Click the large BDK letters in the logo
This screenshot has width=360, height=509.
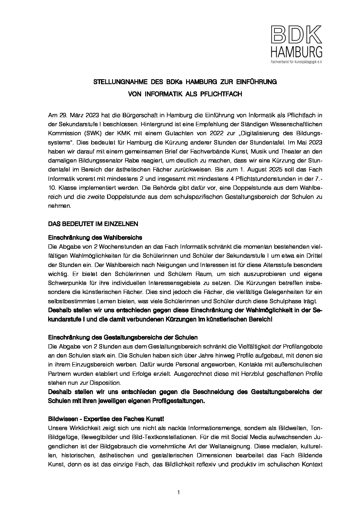[x=296, y=35]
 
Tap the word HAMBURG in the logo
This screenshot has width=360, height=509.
[x=296, y=52]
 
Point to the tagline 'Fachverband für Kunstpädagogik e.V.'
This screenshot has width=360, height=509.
[x=296, y=62]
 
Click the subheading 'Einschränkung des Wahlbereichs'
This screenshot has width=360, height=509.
[x=95, y=237]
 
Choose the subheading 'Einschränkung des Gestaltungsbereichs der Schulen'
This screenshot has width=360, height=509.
[x=123, y=337]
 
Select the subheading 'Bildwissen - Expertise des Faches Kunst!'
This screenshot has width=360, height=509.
[x=106, y=419]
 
